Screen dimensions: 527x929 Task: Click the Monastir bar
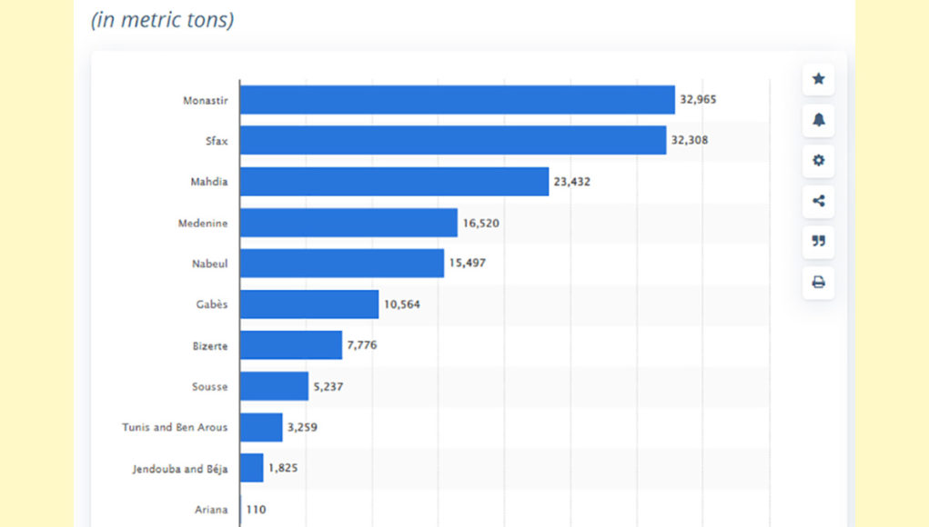click(457, 100)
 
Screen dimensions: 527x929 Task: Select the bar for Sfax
click(452, 141)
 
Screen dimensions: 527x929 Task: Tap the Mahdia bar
click(394, 182)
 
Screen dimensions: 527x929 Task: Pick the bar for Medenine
click(348, 223)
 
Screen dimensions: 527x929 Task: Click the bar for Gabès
click(309, 304)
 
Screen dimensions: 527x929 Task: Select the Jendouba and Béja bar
click(252, 468)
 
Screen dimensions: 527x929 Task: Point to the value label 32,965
click(698, 100)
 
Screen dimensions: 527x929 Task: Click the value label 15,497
click(468, 263)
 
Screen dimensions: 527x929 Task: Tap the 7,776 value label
click(362, 345)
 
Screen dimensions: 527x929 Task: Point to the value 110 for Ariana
click(256, 510)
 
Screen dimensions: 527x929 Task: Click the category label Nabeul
click(211, 263)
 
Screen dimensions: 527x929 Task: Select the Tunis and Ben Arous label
click(175, 427)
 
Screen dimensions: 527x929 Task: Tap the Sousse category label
click(209, 386)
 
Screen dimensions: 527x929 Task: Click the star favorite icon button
click(818, 79)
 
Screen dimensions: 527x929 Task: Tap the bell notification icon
click(818, 120)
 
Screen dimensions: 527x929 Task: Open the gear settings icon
click(818, 161)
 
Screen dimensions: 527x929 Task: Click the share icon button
click(818, 201)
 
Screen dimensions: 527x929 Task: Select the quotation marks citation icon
click(818, 242)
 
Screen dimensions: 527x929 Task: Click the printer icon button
click(818, 283)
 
